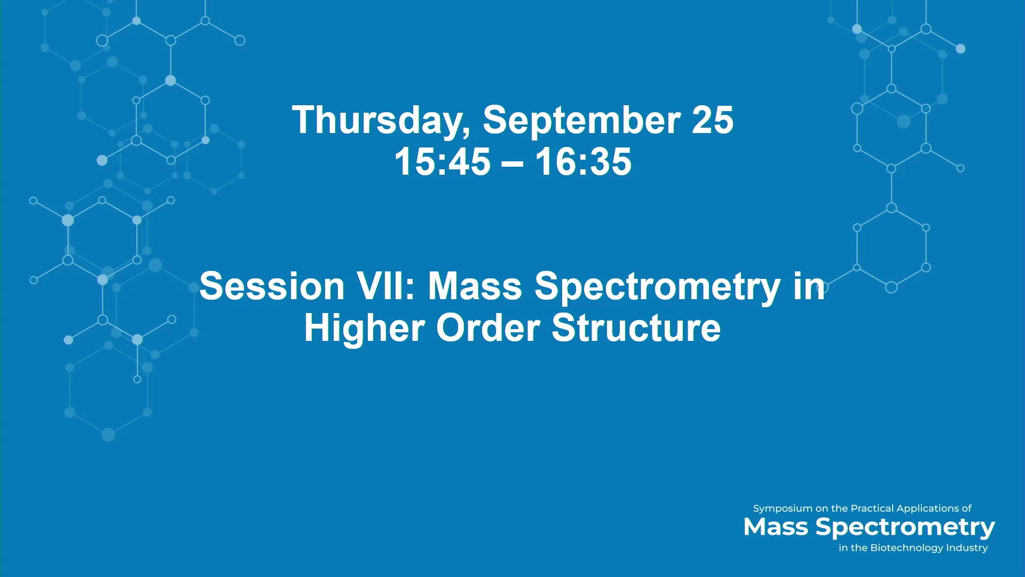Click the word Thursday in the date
point(381,121)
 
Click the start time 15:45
point(442,161)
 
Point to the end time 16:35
point(584,161)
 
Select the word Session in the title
point(272,286)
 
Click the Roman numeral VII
point(385,286)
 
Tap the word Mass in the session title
point(475,286)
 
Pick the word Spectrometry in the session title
point(658,288)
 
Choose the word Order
point(488,328)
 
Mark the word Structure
point(636,328)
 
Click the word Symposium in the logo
point(783,509)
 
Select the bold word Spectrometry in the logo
point(905,528)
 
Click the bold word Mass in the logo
point(776,527)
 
